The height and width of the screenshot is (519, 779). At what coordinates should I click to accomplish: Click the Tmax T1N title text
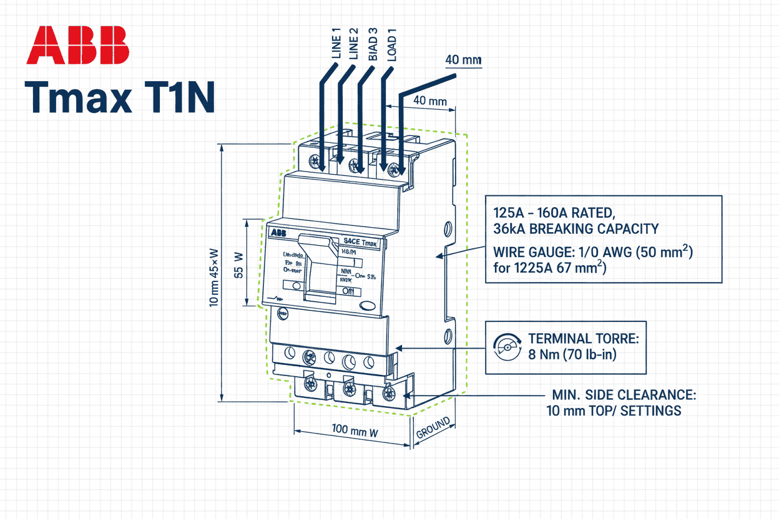click(119, 97)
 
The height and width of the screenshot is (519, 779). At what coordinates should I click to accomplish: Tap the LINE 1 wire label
click(336, 44)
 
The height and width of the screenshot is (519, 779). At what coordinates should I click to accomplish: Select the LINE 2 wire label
click(354, 44)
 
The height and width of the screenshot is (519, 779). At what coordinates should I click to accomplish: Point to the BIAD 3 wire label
click(373, 44)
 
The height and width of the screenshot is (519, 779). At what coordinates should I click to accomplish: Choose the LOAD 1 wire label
click(391, 44)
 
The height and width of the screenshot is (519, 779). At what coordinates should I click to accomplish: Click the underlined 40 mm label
click(463, 61)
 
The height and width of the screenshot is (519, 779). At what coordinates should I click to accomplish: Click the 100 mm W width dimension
click(353, 431)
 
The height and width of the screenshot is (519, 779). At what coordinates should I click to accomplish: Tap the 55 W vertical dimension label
click(238, 264)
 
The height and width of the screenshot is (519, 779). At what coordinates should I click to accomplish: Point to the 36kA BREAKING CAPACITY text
click(576, 228)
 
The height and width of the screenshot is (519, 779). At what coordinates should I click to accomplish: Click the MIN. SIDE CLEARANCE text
click(624, 395)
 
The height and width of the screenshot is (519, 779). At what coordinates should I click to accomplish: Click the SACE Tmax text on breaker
click(361, 241)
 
